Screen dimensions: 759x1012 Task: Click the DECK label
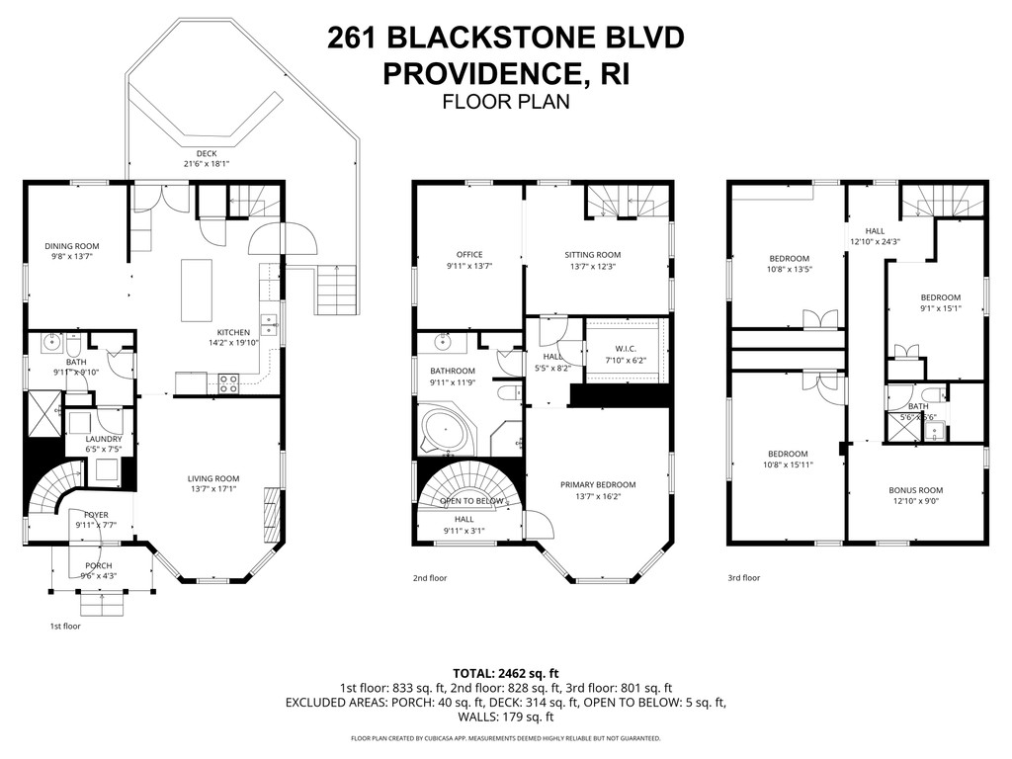206,153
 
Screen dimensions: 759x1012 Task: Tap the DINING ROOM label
71,246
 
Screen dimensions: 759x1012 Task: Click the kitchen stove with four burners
228,382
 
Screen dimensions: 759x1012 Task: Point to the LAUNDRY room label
104,439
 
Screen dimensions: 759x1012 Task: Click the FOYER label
96,514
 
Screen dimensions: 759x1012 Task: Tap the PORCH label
98,566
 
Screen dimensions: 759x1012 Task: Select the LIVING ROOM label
213,479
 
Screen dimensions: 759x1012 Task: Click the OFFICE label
468,255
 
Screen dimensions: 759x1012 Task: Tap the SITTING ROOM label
593,255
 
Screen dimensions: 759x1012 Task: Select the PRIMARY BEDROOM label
598,484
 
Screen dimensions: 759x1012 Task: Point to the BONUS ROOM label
916,490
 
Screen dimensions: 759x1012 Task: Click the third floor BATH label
918,406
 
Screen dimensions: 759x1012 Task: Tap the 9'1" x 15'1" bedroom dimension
941,308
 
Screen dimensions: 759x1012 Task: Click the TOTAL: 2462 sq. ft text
505,671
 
